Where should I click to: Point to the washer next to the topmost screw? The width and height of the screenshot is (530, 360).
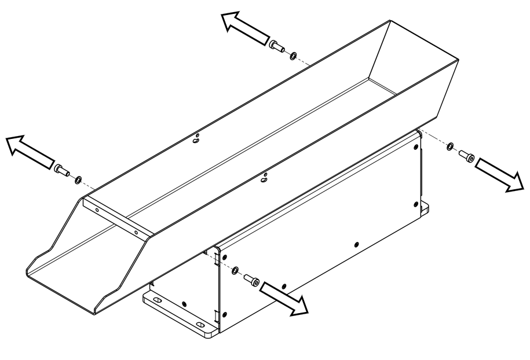[x=294, y=55]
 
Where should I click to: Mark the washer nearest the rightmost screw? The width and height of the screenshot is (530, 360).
[x=450, y=146]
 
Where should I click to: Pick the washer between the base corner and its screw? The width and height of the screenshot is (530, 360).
[x=235, y=270]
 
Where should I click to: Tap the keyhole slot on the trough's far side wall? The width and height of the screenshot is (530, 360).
[x=198, y=138]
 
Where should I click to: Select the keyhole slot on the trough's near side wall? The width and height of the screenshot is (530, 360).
[x=264, y=178]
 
